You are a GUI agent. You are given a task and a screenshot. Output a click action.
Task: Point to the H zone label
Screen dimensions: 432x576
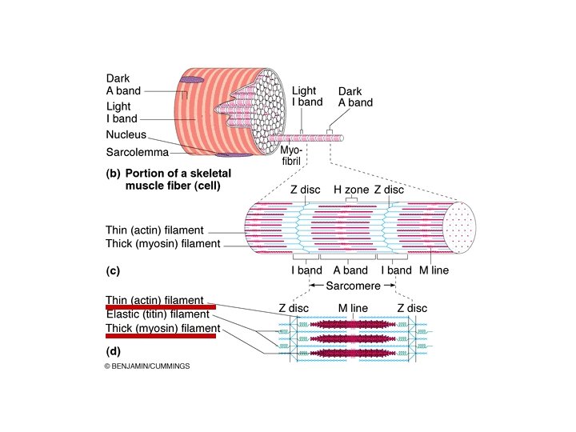(x=348, y=190)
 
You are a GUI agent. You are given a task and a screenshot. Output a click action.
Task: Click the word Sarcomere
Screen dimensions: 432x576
(x=351, y=285)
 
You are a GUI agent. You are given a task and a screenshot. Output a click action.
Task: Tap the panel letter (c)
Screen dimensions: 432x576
(x=113, y=270)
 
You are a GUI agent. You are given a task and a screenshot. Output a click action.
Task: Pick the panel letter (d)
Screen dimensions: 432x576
(x=113, y=350)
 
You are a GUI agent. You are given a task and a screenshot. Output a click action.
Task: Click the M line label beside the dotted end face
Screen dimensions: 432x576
(x=434, y=270)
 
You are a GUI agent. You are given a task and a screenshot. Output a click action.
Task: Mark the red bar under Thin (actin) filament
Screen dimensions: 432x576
(x=161, y=306)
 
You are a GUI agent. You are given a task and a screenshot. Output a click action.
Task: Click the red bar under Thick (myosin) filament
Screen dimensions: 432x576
(x=161, y=335)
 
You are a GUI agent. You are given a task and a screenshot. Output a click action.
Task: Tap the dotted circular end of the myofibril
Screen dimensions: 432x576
(x=460, y=227)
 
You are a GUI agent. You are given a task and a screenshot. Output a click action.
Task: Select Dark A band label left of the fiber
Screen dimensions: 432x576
(x=123, y=85)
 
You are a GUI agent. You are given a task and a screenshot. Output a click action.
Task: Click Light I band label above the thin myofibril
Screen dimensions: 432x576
(x=307, y=96)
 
